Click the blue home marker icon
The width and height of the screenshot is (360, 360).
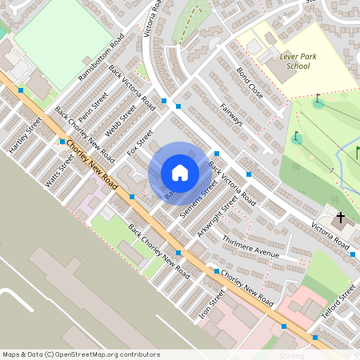pos(180,172)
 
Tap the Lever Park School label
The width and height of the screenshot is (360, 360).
pos(295,62)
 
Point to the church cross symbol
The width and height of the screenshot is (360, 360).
pos(340,217)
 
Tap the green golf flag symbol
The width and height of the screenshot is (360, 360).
pos(358,151)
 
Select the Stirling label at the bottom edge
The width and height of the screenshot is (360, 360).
pos(292,355)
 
